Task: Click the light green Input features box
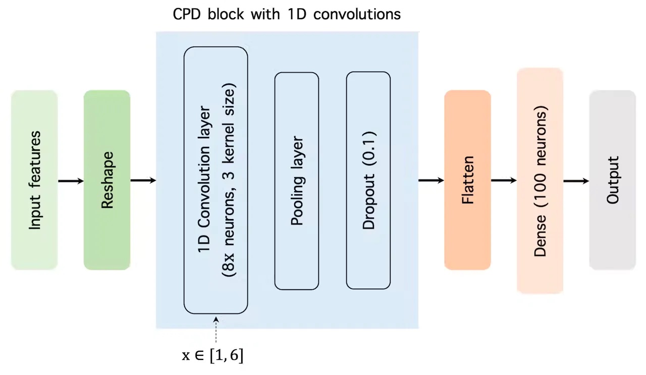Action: (x=34, y=180)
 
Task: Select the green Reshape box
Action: (x=107, y=180)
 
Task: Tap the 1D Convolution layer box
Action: (x=216, y=180)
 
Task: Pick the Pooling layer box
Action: (x=297, y=181)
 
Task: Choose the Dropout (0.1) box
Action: (x=368, y=180)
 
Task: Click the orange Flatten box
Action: (x=467, y=180)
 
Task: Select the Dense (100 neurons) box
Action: (x=540, y=181)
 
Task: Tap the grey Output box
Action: (x=613, y=180)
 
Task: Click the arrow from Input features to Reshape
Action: (x=71, y=181)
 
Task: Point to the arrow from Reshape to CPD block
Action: (x=143, y=181)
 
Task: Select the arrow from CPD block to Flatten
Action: (x=431, y=181)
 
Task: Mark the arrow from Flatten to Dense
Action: (x=504, y=181)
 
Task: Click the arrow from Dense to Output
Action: (x=576, y=181)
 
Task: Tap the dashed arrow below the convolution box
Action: (x=216, y=330)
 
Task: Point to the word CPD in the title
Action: (x=187, y=14)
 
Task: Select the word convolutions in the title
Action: (x=357, y=14)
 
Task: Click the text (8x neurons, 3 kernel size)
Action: (x=229, y=180)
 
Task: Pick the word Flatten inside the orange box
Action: (x=467, y=180)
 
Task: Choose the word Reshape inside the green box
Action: (x=107, y=180)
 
